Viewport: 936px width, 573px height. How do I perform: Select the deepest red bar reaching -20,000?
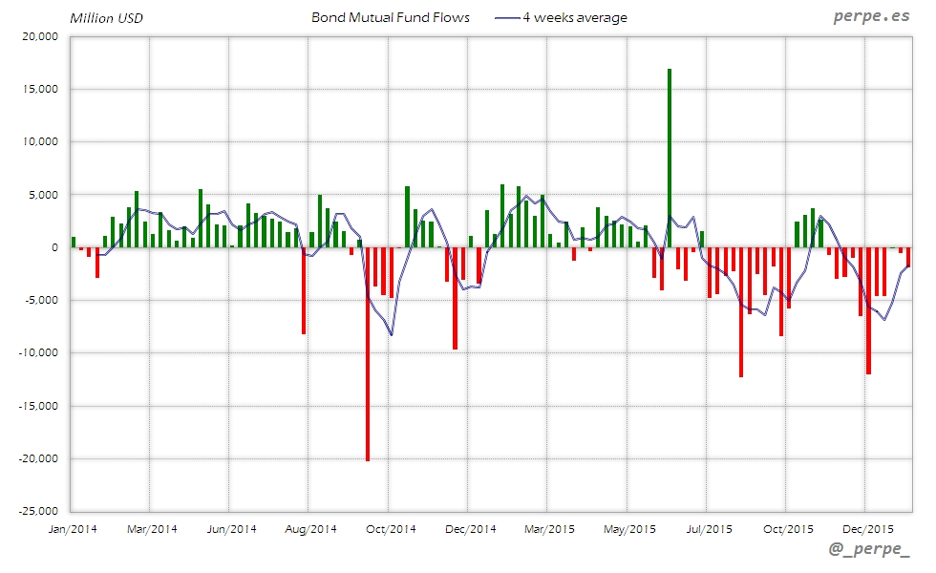(368, 353)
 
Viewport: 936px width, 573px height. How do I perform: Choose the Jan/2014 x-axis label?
(72, 528)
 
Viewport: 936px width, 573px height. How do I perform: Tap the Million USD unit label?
(106, 17)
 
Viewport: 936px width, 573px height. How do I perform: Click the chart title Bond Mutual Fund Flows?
(391, 17)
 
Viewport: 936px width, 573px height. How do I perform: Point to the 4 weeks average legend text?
(575, 17)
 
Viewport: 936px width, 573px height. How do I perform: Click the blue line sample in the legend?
(507, 18)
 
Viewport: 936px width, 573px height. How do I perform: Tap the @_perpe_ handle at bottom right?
(870, 551)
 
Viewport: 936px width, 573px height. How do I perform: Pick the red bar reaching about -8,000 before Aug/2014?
(304, 290)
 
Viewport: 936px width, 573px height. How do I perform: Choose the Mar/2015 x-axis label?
(549, 528)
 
